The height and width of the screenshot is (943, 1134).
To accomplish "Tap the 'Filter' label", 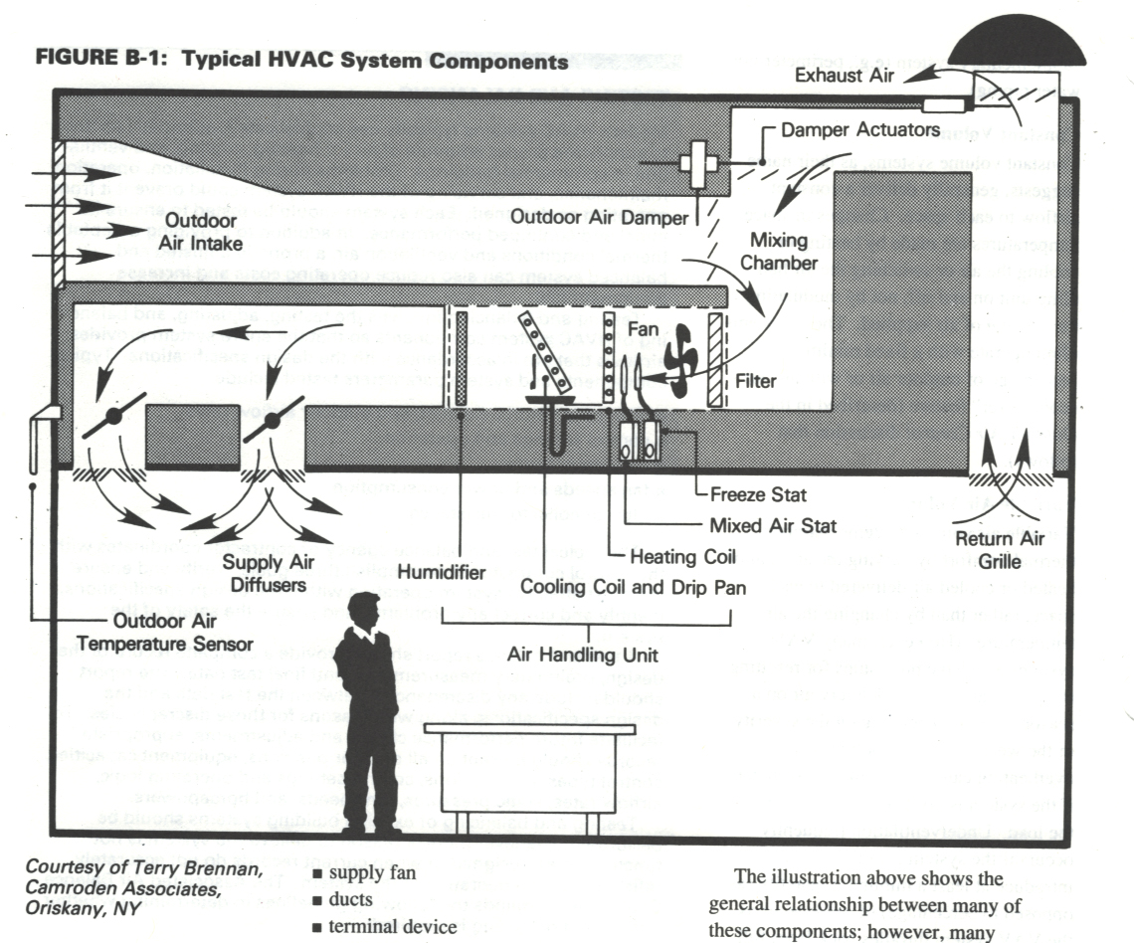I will click(755, 379).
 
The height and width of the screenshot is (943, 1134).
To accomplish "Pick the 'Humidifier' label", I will click(442, 572).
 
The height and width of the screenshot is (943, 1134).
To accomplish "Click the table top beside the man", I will click(529, 728).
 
